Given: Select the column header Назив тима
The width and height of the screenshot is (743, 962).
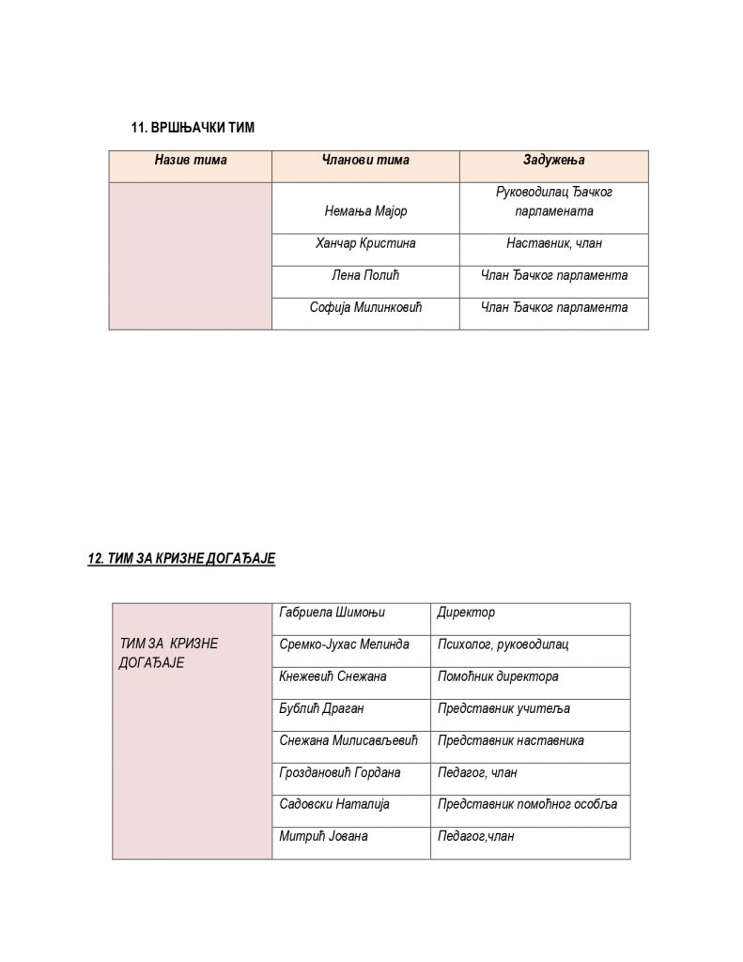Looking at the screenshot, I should coord(191,161).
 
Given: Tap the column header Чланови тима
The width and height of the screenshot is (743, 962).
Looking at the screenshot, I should coord(365,161).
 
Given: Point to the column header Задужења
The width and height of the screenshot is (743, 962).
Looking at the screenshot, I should coord(553,161).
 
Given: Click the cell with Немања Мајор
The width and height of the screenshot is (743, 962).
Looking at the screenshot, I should coord(365,211).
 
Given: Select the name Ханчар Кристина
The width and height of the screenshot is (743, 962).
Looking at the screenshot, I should coord(365,243).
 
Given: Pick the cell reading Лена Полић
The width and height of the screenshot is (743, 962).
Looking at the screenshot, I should coord(365,275).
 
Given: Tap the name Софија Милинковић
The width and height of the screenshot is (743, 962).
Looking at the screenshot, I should coord(365,307).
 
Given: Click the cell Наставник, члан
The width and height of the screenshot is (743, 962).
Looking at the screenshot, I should coord(553,243).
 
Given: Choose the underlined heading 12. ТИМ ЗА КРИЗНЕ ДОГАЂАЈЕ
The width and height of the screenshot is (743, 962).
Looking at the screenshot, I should coord(180,558).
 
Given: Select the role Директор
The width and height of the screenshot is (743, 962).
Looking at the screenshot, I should coord(466,613).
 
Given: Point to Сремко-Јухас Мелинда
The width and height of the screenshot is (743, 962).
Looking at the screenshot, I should coord(345,644).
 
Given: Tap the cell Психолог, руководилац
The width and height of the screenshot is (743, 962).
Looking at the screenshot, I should coord(503,644).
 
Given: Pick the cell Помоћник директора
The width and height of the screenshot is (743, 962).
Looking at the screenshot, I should coord(498,676).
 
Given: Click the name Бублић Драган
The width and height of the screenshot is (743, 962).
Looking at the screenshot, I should coord(321,708).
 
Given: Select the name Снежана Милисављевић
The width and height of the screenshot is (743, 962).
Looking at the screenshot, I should coord(351,740).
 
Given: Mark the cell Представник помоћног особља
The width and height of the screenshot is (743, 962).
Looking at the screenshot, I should coord(527,804).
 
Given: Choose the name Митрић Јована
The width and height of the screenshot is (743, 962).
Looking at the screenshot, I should coord(323,836).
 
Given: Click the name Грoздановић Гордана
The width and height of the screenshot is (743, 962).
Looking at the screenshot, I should coord(340,772).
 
